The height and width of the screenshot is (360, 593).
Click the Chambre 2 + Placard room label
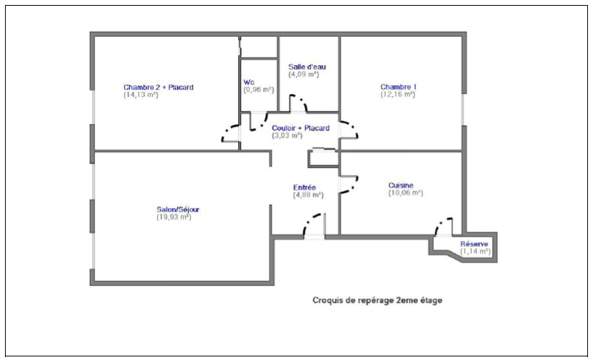coord(158,87)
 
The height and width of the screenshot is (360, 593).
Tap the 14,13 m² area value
coord(141,95)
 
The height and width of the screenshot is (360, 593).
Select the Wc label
coord(249,82)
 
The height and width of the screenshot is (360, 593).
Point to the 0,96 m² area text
coord(259,90)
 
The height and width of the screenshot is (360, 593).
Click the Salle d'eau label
coord(307,67)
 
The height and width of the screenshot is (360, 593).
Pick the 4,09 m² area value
coord(304,75)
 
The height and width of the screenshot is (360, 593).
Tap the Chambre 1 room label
coord(399,87)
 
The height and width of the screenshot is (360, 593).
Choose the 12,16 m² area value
coord(398,95)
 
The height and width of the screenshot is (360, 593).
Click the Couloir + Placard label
coord(300,128)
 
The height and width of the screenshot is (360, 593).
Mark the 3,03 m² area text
coord(287,136)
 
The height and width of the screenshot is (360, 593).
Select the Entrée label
coord(305,188)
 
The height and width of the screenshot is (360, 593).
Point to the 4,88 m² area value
coord(308,195)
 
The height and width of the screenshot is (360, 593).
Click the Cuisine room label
coord(401,186)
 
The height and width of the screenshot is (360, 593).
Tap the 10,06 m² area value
coord(406,193)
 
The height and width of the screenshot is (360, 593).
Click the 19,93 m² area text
coord(174,217)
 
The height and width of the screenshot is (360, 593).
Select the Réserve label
coord(474,245)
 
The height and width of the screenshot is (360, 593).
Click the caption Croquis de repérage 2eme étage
coord(377,300)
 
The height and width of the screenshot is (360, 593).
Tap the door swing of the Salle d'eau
coord(303,101)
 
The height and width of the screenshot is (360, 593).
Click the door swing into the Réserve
coord(439,224)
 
